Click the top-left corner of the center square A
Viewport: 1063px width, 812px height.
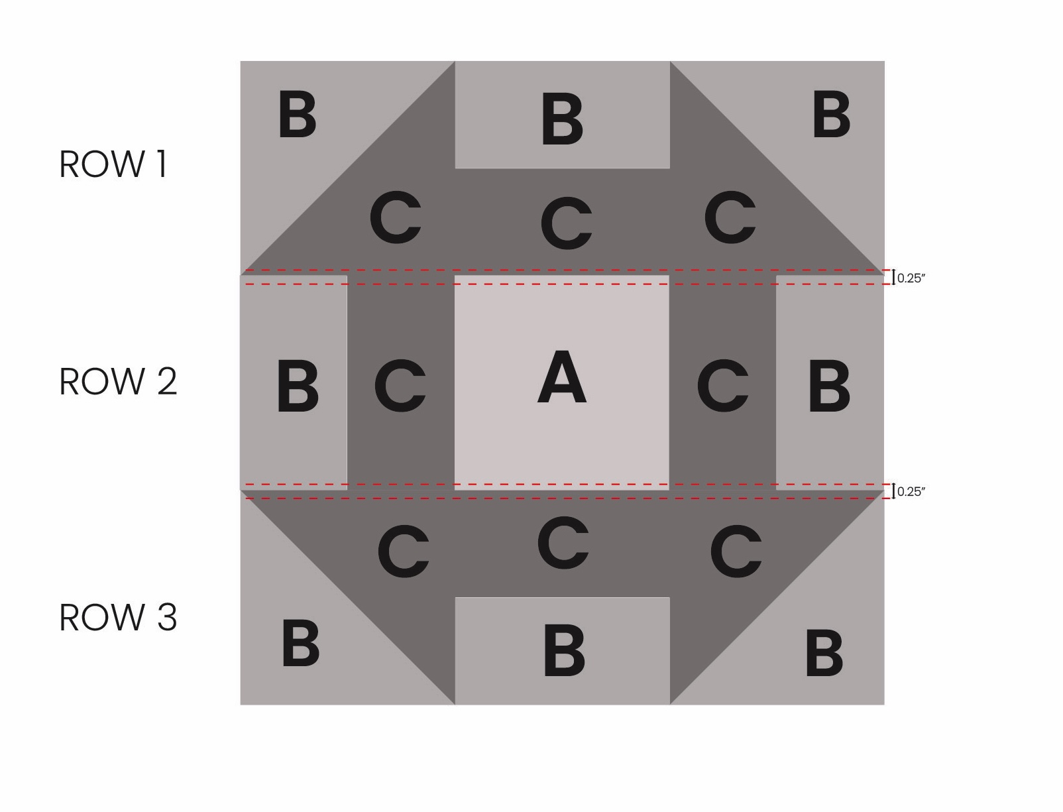click(455, 276)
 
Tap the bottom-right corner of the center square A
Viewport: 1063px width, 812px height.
click(669, 490)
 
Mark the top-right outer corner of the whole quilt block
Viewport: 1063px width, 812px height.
click(884, 61)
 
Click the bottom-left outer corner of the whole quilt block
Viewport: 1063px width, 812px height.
click(240, 705)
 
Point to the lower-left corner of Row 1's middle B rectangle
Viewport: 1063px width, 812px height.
click(455, 168)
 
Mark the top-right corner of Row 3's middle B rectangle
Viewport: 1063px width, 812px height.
click(670, 597)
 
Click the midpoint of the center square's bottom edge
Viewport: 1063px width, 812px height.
click(562, 490)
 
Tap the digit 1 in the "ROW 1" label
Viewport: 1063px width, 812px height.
click(163, 164)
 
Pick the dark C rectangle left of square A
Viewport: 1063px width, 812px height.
click(401, 382)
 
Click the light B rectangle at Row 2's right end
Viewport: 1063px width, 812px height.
click(830, 382)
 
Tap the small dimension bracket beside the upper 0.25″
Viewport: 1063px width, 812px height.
click(893, 277)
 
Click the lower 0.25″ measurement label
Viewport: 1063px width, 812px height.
click(911, 491)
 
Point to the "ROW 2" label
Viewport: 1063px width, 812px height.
click(118, 382)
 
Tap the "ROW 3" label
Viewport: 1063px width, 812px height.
click(118, 618)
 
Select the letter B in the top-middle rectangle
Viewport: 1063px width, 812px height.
click(562, 119)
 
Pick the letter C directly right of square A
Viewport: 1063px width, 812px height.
click(723, 385)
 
